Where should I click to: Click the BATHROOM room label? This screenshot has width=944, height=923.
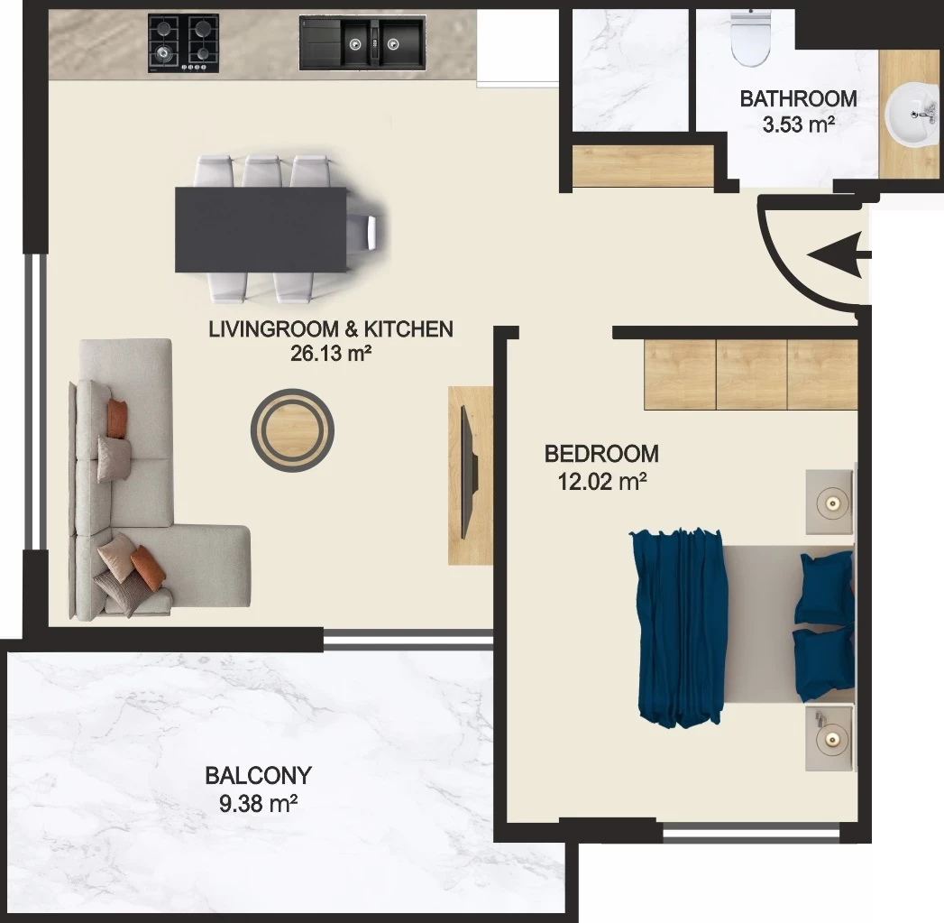pyautogui.click(x=798, y=99)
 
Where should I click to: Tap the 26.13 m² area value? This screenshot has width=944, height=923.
pyautogui.click(x=331, y=354)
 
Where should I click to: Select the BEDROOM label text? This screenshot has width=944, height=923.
pyautogui.click(x=601, y=454)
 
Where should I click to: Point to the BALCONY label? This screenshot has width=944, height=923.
pyautogui.click(x=258, y=775)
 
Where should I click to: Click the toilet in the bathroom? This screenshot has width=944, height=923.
pyautogui.click(x=751, y=39)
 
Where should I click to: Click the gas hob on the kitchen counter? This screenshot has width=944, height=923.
pyautogui.click(x=183, y=44)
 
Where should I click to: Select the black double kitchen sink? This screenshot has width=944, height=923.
pyautogui.click(x=362, y=42)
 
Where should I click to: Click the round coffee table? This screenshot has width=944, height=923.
pyautogui.click(x=293, y=430)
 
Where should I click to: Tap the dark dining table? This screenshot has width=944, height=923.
pyautogui.click(x=261, y=229)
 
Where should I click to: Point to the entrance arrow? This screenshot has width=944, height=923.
pyautogui.click(x=839, y=255)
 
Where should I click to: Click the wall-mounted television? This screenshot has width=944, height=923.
pyautogui.click(x=469, y=473)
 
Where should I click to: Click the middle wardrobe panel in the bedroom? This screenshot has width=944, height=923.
pyautogui.click(x=752, y=374)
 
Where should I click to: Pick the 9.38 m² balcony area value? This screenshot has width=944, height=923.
pyautogui.click(x=258, y=803)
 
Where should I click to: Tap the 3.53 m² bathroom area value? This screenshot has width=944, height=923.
pyautogui.click(x=798, y=125)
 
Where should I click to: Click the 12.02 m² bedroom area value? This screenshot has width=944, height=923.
pyautogui.click(x=602, y=482)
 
